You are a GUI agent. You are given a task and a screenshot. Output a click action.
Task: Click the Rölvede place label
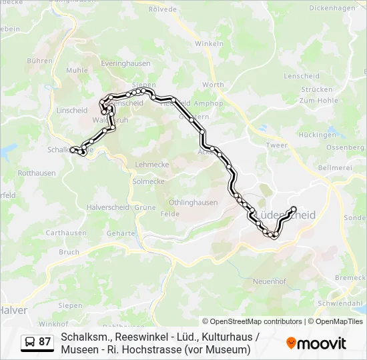(x=163, y=9)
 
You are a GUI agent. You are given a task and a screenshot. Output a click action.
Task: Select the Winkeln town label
(x=209, y=43)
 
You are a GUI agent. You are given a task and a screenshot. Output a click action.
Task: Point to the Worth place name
(x=213, y=85)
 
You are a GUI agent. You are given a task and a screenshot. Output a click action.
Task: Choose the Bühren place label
(x=39, y=61)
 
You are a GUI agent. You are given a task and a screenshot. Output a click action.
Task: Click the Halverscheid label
(x=107, y=207)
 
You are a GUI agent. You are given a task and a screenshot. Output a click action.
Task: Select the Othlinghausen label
(x=193, y=203)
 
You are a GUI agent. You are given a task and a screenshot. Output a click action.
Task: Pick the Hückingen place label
(x=318, y=135)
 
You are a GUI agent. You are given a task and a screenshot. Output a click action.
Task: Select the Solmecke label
(x=148, y=181)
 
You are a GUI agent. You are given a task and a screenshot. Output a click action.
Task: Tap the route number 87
(x=45, y=342)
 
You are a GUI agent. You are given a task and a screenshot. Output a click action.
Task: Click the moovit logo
(x=316, y=343)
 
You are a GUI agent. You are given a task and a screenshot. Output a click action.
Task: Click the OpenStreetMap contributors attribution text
(x=252, y=321)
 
